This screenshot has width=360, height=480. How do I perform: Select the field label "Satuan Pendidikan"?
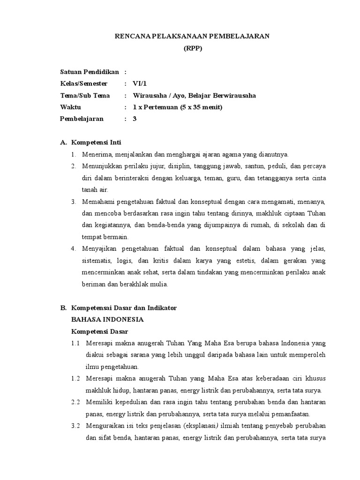pyautogui.click(x=90, y=72)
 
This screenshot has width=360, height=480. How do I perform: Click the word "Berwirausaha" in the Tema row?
pyautogui.click(x=234, y=95)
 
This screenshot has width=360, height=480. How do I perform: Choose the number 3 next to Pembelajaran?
pyautogui.click(x=135, y=119)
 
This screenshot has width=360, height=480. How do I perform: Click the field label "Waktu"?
pyautogui.click(x=71, y=107)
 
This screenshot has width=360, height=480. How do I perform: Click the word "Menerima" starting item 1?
pyautogui.click(x=97, y=154)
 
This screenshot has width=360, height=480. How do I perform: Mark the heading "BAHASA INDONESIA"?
pyautogui.click(x=107, y=319)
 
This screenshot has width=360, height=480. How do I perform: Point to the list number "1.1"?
pyautogui.click(x=76, y=343)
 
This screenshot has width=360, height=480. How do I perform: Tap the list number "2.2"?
pyautogui.click(x=76, y=402)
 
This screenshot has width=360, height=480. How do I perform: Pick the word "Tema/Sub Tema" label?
pyautogui.click(x=85, y=95)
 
